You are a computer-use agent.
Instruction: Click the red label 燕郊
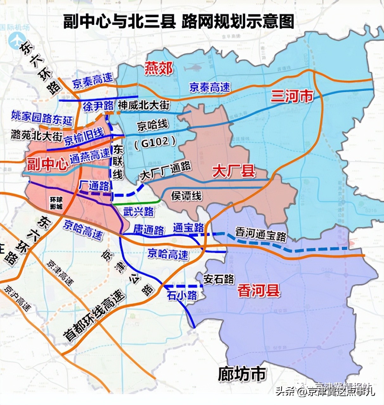click(x=159, y=68)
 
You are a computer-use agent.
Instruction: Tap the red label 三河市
click(x=292, y=96)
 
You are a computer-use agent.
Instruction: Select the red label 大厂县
click(x=234, y=171)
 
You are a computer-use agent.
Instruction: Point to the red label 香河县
click(x=259, y=291)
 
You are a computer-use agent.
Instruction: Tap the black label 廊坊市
click(x=242, y=374)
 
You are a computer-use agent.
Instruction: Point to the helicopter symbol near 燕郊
click(x=194, y=67)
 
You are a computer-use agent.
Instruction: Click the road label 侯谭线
click(x=186, y=196)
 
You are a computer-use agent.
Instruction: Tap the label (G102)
click(x=155, y=143)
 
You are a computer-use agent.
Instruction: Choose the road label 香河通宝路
click(x=261, y=234)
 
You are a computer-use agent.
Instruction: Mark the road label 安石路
click(x=219, y=279)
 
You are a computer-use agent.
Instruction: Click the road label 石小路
click(x=182, y=295)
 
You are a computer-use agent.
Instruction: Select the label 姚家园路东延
click(x=42, y=118)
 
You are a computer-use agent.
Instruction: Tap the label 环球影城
click(x=56, y=203)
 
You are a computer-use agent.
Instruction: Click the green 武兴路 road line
click(x=136, y=202)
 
